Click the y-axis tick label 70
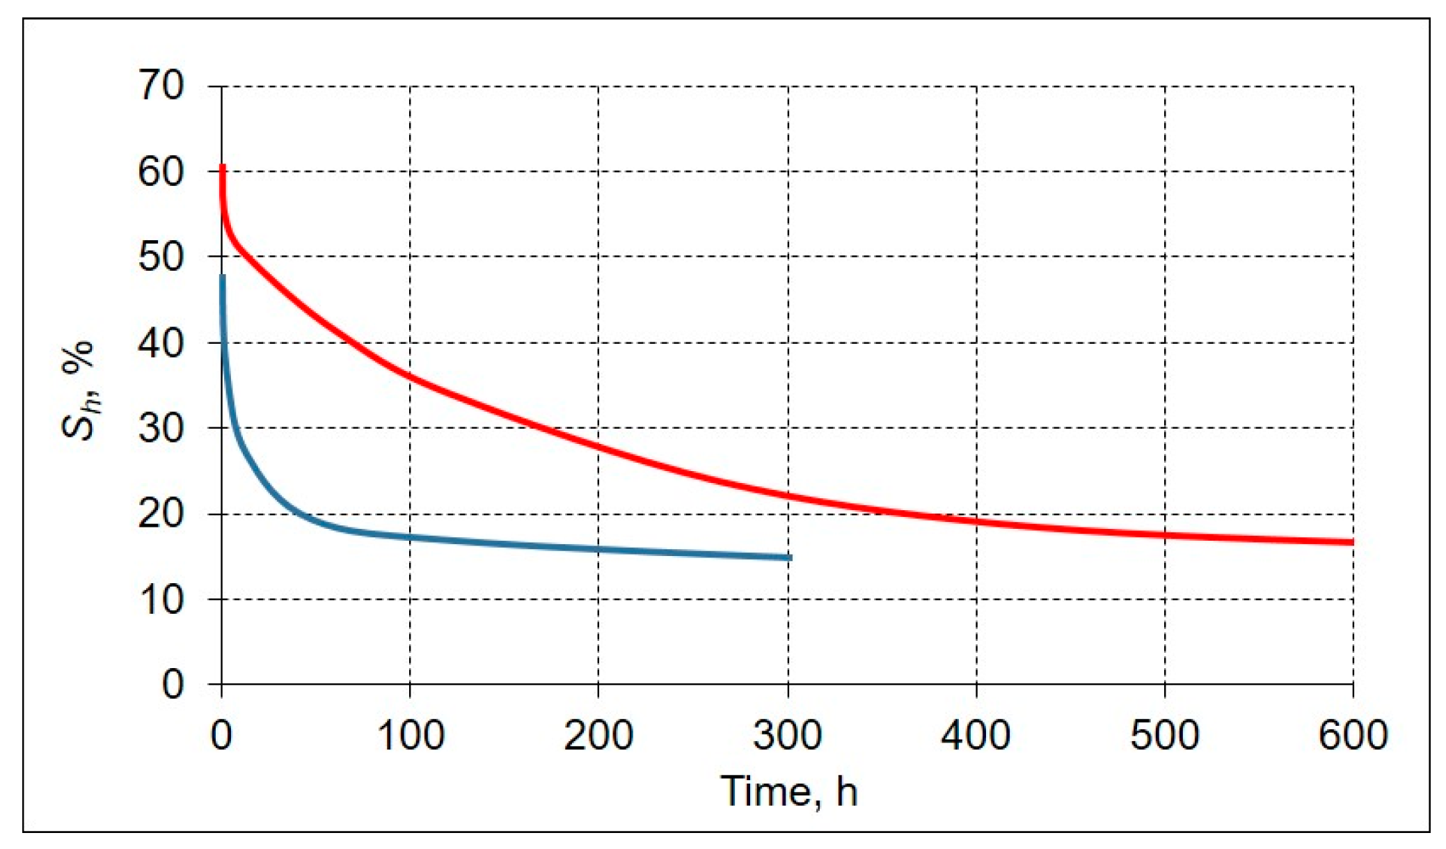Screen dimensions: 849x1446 pos(161,86)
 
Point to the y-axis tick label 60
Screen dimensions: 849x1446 pos(161,172)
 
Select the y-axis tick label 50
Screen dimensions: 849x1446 pos(161,257)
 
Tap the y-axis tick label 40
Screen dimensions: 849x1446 pos(161,343)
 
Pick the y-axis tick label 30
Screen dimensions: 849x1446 pos(161,428)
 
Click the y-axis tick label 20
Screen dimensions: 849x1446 pos(161,514)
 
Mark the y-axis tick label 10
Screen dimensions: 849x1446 pos(161,599)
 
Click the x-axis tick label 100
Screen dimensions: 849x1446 pos(410,735)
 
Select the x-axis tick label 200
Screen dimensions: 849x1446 pos(598,735)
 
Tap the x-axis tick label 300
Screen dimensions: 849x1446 pos(788,735)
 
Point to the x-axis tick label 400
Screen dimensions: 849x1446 pos(976,735)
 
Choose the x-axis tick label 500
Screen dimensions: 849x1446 pos(1165,735)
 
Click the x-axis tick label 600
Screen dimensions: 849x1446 pos(1353,735)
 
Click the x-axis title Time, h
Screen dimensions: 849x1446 pos(788,791)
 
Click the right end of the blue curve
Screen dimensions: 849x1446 pos(790,557)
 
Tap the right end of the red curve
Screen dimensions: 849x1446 pos(1352,542)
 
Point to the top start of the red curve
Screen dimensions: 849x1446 pos(223,166)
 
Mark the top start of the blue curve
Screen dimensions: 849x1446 pos(223,276)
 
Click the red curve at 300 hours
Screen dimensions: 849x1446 pos(788,496)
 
